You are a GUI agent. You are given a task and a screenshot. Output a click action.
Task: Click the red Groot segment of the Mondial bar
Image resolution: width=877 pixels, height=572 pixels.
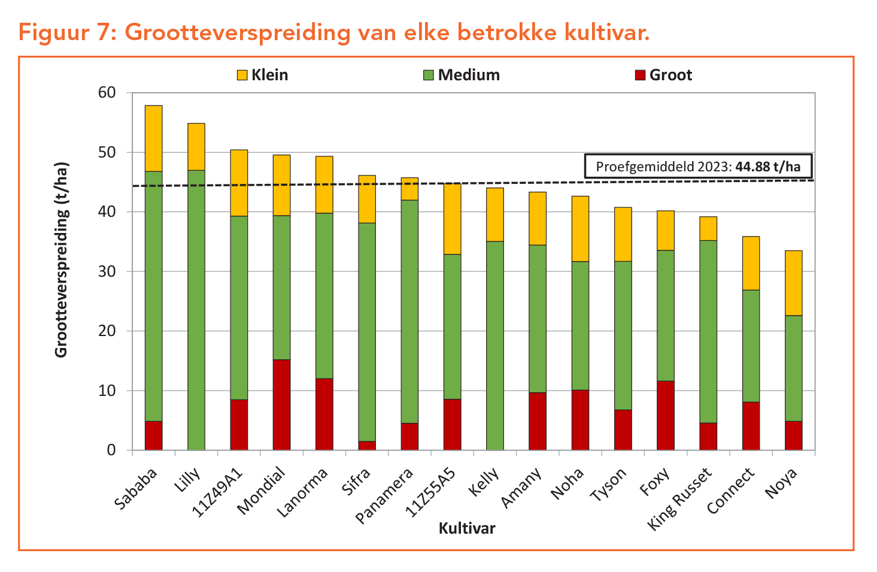tap(281, 405)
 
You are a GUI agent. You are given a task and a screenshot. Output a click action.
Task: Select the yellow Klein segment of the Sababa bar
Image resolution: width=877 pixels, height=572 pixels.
tap(153, 138)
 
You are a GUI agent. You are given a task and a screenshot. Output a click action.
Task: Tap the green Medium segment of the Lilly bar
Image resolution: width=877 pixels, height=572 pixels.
tap(196, 310)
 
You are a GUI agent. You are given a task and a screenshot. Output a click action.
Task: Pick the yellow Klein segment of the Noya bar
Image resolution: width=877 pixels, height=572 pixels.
tap(793, 283)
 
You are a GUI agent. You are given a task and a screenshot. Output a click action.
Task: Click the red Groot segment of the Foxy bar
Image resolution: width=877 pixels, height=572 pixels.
tap(665, 415)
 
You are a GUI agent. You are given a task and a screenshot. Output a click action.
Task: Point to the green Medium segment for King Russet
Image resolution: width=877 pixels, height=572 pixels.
tap(708, 331)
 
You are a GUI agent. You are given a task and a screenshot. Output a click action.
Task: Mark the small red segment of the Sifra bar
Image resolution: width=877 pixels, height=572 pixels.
tap(367, 445)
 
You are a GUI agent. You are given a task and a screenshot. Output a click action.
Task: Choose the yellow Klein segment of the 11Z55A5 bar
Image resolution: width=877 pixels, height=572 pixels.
tap(452, 219)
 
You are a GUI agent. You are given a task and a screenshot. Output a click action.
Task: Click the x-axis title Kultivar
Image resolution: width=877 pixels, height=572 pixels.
tap(467, 528)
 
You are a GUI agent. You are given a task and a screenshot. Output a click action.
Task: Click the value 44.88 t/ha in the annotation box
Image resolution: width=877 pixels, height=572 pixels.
tap(767, 167)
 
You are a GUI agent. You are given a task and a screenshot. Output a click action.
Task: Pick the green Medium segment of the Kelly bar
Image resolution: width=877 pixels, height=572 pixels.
tap(494, 346)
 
